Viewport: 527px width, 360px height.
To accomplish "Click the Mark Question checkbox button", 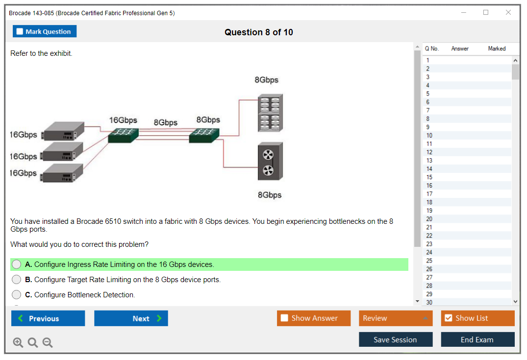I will coord(45,31).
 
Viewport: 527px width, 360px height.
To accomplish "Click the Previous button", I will coord(48,318).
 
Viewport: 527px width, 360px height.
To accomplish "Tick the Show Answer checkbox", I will coord(284,318).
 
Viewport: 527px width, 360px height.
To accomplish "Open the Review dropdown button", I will coord(395,318).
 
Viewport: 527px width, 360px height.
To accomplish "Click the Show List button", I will coord(477,318).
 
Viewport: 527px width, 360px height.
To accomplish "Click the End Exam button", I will coord(477,340).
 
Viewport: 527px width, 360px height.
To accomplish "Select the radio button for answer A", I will coord(17,264).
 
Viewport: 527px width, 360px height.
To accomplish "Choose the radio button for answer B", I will coord(17,280).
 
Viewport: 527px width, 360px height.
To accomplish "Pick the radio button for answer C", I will coord(17,295).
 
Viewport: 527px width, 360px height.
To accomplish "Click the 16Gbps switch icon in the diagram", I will coord(123,135).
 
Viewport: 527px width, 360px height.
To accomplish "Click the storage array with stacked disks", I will coord(270,113).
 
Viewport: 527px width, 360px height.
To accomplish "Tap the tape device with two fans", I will coord(270,162).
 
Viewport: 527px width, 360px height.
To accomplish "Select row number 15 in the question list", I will coord(429,177).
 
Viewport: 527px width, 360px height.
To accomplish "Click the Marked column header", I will coord(497,48).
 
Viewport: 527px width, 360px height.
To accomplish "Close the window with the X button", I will coord(508,13).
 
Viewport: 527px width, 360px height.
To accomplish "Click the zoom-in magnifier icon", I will coord(18,343).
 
